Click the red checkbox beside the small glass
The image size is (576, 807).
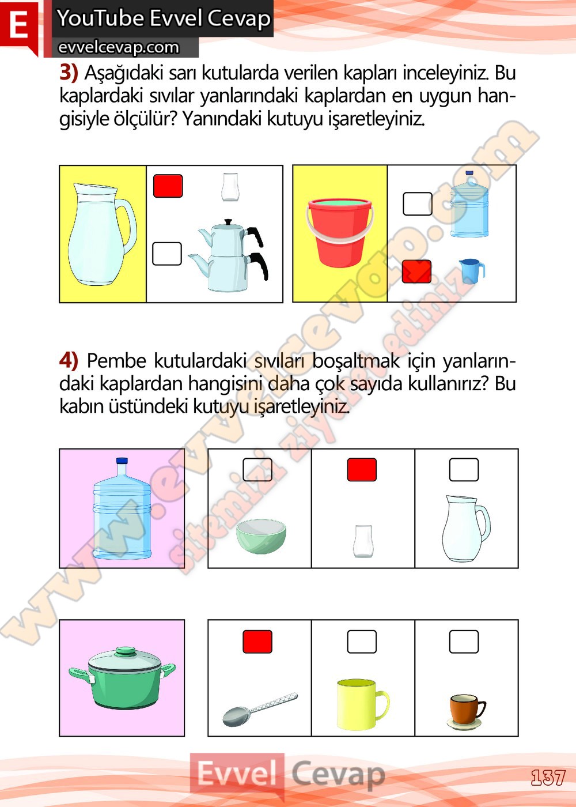168,186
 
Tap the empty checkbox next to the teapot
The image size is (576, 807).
167,254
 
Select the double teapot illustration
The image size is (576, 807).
228,255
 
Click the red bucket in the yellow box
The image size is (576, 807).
340,233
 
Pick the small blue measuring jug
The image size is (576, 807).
472,271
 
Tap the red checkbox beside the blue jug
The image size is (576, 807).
416,271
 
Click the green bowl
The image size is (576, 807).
261,536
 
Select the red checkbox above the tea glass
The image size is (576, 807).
362,469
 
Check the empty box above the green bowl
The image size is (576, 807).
257,469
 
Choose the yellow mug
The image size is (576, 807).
363,704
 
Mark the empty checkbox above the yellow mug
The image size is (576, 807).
362,642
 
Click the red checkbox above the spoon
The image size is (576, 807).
257,642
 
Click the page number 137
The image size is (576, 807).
548,778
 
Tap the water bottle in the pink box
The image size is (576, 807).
122,508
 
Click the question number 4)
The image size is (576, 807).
69,360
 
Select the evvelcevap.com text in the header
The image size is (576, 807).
119,47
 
